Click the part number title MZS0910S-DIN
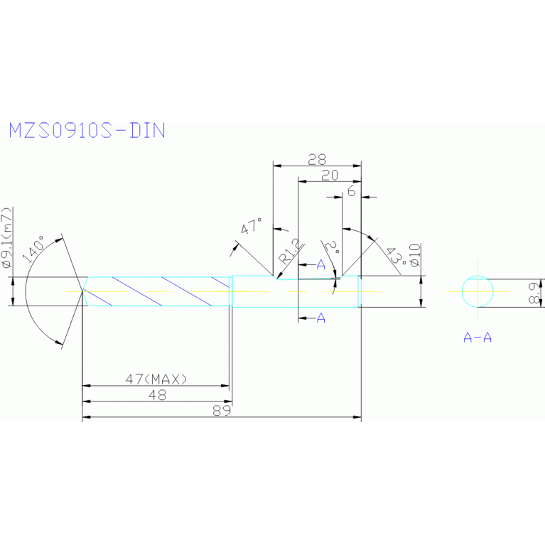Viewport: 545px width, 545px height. tap(87, 131)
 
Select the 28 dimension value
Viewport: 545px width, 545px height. tap(317, 159)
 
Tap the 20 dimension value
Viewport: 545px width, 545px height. tap(330, 176)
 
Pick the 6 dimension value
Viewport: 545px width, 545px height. tap(351, 192)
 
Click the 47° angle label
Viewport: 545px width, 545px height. tap(251, 228)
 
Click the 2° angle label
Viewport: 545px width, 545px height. tap(332, 248)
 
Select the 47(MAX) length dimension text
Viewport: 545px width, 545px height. tap(156, 379)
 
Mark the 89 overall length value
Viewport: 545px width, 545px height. tap(222, 411)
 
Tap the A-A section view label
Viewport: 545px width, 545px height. tap(477, 338)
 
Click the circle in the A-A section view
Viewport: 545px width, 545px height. tap(477, 291)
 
